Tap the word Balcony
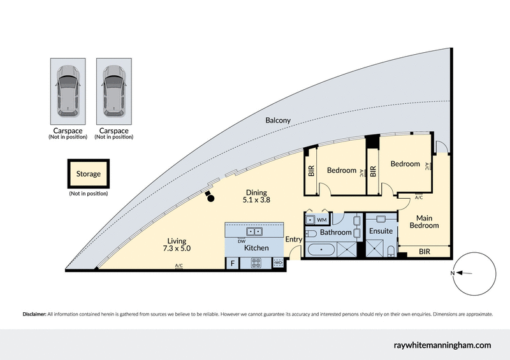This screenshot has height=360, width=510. (x=278, y=120)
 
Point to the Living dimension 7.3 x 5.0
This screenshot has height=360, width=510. (x=177, y=249)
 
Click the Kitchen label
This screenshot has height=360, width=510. (x=256, y=248)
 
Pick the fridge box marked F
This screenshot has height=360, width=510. (x=232, y=263)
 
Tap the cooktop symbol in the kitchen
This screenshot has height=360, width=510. (x=257, y=263)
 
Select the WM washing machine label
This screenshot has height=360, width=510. (x=321, y=220)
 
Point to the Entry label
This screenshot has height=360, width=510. (x=294, y=240)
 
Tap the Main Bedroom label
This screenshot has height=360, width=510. (x=424, y=221)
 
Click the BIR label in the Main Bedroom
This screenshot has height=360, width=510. (x=424, y=252)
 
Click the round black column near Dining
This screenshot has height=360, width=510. (x=211, y=199)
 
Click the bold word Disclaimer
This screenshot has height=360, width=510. (x=34, y=314)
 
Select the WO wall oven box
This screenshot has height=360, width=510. (x=278, y=263)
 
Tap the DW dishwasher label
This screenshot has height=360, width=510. (x=242, y=241)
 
